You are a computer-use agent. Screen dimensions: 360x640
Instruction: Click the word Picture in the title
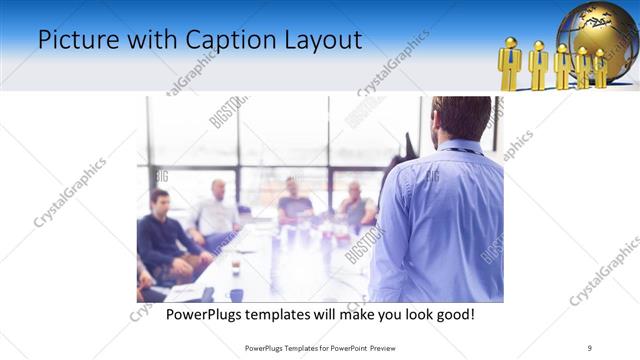[x=73, y=40]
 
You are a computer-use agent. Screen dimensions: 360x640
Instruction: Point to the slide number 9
[x=590, y=347]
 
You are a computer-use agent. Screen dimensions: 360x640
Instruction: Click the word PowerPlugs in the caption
[x=207, y=314]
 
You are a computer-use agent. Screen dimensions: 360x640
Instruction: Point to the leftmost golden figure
[x=510, y=65]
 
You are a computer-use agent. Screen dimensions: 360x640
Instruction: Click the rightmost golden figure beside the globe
[x=600, y=68]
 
